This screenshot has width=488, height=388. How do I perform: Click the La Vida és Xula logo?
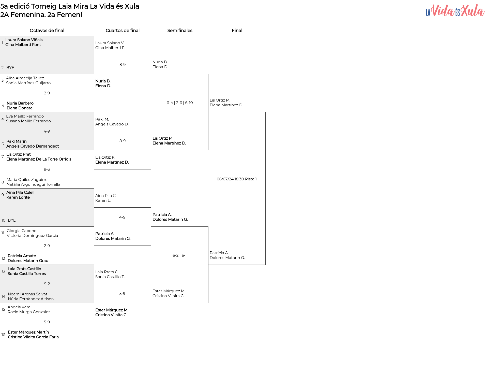pos(455,11)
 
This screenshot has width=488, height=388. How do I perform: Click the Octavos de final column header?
pos(47,31)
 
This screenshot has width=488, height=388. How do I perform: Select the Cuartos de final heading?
pos(123,31)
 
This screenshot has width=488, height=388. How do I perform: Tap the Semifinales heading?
pos(180,31)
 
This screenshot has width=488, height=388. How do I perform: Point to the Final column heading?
pos(237,31)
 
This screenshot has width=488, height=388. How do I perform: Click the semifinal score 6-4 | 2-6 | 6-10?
pos(180,103)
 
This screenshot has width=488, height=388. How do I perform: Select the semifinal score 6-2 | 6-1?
pos(180,255)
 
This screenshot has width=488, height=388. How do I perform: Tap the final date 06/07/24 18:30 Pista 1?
pos(237,179)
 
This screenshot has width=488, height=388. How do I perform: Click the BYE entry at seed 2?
pos(10,68)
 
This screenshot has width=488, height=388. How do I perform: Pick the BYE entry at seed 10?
pos(12,220)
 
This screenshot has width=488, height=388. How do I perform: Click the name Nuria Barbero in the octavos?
pos(20,103)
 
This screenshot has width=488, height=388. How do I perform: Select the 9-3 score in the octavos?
pos(47,169)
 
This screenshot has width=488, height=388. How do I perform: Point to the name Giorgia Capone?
pos(22,231)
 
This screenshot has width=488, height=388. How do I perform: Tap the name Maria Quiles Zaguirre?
pos(27,180)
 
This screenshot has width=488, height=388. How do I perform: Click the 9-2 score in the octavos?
pos(47,284)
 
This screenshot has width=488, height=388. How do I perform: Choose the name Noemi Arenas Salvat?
pos(28,294)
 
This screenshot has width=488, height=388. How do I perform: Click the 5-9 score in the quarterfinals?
pos(122,294)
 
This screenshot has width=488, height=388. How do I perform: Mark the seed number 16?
pos(3,335)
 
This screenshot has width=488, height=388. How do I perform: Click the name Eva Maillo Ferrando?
pos(25,116)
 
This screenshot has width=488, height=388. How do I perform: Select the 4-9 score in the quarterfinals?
pos(122,217)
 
